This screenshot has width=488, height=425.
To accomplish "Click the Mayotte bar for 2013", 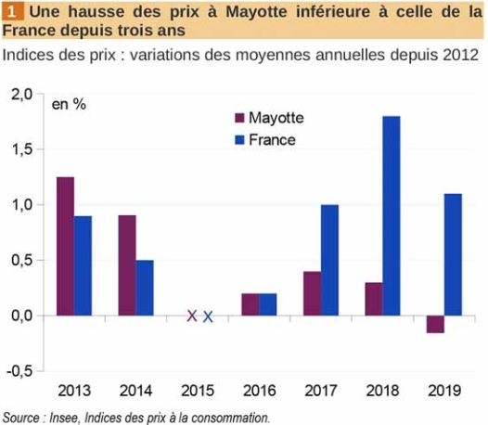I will [65, 246].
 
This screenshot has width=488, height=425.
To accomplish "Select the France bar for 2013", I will [83, 265].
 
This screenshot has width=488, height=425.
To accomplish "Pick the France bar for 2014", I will [145, 288].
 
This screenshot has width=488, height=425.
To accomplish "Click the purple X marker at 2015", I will [192, 316].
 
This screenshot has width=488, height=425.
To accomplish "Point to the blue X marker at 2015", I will [208, 316].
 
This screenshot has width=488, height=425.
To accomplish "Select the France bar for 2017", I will [329, 260].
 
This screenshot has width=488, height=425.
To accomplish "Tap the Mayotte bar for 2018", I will [373, 299].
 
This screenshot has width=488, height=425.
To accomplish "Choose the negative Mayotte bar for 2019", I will [434, 324].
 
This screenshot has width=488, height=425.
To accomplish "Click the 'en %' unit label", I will [69, 104].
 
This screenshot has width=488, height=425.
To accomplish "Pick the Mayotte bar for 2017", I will [312, 293].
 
